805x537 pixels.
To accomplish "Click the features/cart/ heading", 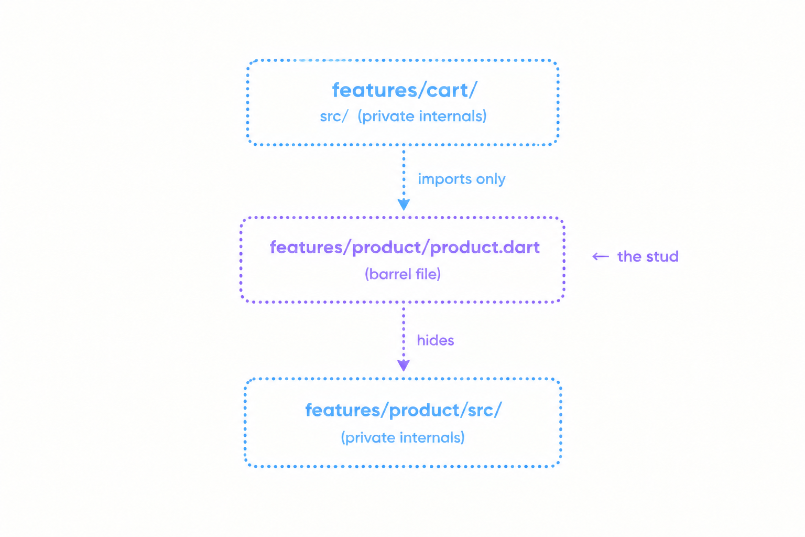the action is [405, 90].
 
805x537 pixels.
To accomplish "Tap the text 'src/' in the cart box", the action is [334, 116].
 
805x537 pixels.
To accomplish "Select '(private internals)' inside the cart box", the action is [422, 116].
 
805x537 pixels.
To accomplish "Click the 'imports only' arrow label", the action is [461, 179].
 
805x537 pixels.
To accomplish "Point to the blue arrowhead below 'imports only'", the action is [404, 205].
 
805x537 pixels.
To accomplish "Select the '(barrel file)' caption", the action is [403, 274].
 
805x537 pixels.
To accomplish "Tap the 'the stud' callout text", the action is [648, 256].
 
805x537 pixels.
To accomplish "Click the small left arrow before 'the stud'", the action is [601, 257].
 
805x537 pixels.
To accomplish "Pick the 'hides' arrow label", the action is [435, 340].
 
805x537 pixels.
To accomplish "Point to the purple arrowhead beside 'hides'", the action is [404, 366].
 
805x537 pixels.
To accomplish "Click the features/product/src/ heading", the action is [403, 411].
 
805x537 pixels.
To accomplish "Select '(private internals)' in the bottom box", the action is [403, 438].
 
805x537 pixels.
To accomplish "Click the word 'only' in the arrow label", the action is [491, 179].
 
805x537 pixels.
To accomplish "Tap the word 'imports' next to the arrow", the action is [444, 179].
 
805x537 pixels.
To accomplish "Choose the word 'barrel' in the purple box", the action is [390, 274].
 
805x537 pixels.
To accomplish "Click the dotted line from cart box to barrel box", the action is [404, 172].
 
